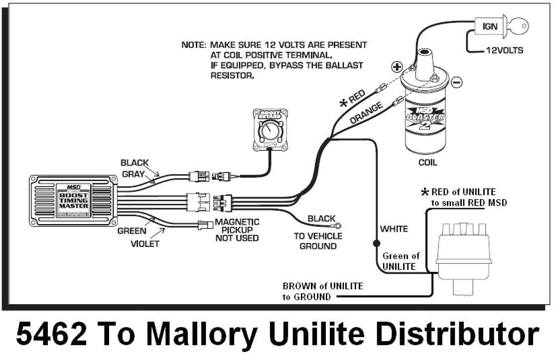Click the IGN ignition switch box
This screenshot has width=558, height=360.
click(x=490, y=26)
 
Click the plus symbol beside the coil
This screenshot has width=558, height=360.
click(x=397, y=67)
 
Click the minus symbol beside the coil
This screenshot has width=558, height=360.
click(x=457, y=81)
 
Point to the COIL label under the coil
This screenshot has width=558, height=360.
click(x=427, y=162)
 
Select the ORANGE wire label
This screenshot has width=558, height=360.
click(x=366, y=113)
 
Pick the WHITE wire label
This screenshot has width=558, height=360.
click(x=394, y=229)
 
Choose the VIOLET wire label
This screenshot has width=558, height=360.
click(x=145, y=243)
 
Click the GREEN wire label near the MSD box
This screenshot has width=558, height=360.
click(x=132, y=231)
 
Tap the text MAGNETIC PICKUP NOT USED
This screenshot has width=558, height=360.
click(x=237, y=230)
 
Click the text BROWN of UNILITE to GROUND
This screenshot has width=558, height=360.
click(x=322, y=291)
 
